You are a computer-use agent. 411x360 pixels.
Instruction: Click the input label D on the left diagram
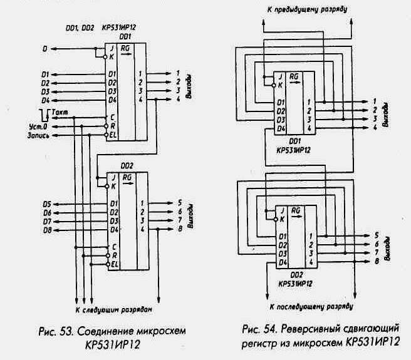(x=44, y=48)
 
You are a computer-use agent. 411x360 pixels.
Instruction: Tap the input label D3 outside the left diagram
(x=45, y=91)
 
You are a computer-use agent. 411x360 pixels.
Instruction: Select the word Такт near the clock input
(x=61, y=111)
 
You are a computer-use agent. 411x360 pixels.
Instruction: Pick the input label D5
(x=46, y=203)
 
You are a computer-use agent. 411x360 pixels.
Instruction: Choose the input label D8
(x=46, y=230)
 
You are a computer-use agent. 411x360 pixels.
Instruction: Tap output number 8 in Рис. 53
(x=179, y=230)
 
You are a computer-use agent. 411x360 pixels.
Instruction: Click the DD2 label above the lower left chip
(x=126, y=165)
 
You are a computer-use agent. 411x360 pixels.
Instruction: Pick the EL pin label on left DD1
(x=113, y=133)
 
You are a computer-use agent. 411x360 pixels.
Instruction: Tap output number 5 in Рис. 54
(x=375, y=235)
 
